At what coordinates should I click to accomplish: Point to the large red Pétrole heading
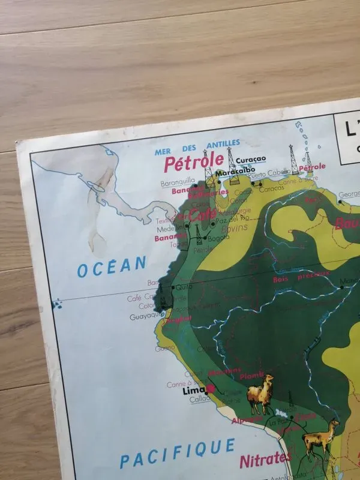[194, 162]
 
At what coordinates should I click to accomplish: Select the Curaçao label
[251, 160]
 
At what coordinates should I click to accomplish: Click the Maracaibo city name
[232, 172]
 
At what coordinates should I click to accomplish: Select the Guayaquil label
[146, 314]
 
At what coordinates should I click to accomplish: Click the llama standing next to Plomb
[260, 394]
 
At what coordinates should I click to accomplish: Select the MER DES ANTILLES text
[197, 148]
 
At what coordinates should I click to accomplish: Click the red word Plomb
[251, 376]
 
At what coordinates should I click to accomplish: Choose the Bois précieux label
[301, 276]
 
